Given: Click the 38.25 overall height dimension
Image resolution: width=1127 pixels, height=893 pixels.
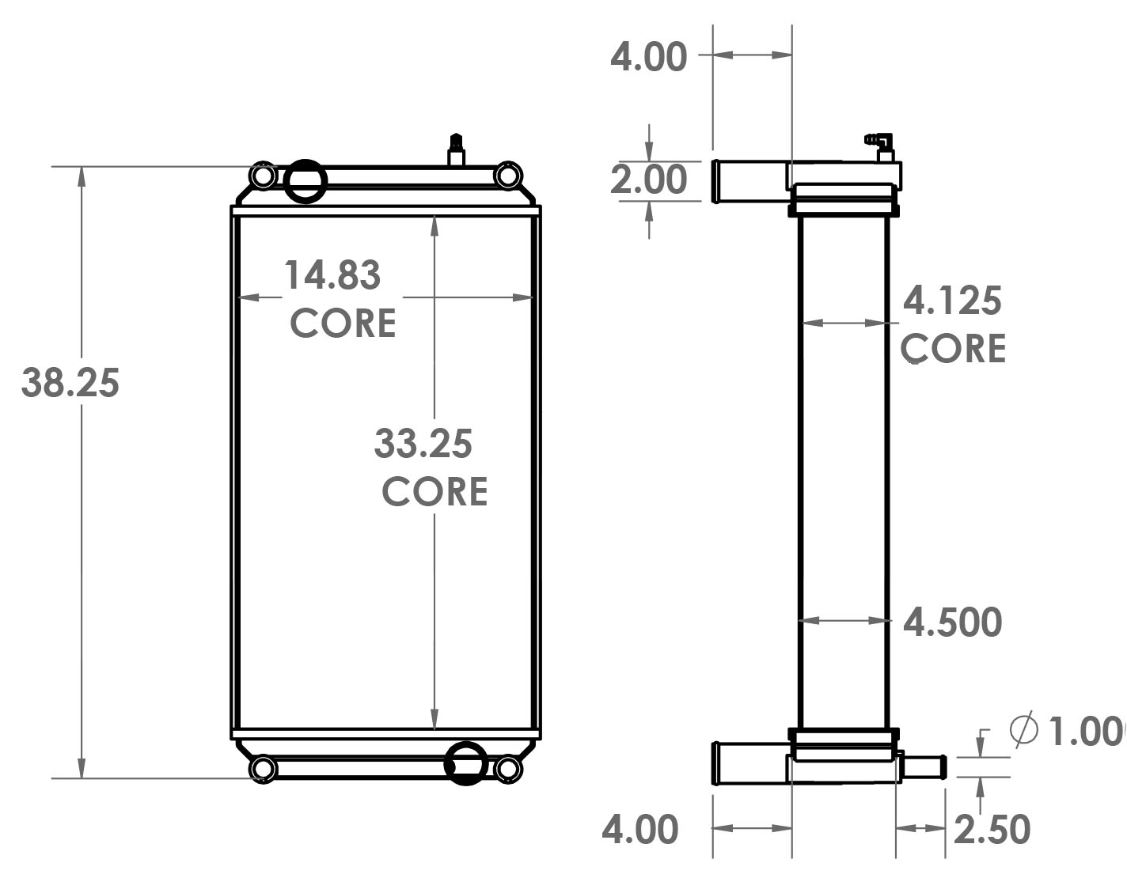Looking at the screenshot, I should (x=70, y=383).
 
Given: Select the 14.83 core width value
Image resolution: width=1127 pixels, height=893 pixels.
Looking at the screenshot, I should (x=332, y=275).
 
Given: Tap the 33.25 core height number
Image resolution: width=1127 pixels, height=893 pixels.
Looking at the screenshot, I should (x=423, y=444).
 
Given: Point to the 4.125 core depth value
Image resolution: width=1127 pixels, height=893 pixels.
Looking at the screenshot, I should (x=952, y=301).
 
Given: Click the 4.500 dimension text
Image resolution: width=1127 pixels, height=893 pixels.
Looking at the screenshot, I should (x=952, y=622).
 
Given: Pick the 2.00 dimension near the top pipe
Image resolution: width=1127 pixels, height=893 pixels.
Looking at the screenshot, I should (x=648, y=180).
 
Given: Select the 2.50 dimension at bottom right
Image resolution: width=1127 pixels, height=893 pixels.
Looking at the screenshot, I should (x=992, y=830).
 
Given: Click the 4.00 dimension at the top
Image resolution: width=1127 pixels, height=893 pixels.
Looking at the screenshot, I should (x=648, y=58).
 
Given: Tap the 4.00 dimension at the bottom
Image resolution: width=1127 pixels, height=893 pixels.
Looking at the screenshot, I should (x=640, y=830).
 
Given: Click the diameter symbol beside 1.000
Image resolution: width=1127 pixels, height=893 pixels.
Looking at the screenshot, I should (x=1023, y=728).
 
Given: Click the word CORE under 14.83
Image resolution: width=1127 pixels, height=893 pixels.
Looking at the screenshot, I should (x=343, y=324).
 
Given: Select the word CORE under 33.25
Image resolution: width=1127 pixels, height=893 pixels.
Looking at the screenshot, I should (x=434, y=492).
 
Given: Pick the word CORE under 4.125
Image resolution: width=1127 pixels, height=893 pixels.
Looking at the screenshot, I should (x=953, y=349).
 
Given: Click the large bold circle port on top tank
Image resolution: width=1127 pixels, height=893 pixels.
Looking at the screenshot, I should (x=305, y=181).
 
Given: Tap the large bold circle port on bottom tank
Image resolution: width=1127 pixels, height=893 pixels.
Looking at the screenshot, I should (x=465, y=763).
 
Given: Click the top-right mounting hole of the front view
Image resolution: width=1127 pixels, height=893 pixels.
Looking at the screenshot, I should (x=508, y=175).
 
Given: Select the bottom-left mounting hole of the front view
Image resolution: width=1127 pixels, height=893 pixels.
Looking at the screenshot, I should (x=263, y=768).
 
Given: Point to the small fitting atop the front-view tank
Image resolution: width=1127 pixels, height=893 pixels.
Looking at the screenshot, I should (x=456, y=149).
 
